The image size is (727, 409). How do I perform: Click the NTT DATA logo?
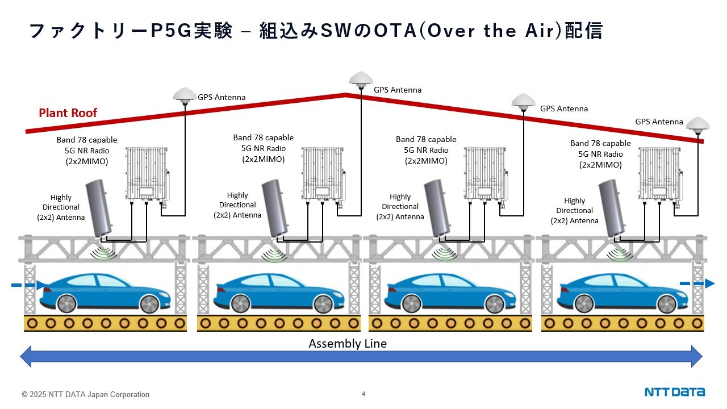tap(674, 392)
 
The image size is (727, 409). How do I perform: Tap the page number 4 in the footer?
tap(363, 393)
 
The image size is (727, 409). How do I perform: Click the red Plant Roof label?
tap(68, 113)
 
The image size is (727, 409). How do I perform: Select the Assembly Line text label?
tap(347, 344)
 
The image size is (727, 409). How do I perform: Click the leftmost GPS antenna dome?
tap(185, 94)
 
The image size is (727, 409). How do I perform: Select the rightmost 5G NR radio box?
tap(661, 173)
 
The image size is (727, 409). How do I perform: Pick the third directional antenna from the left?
tap(439, 208)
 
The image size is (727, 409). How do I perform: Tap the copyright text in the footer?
tap(86, 394)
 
